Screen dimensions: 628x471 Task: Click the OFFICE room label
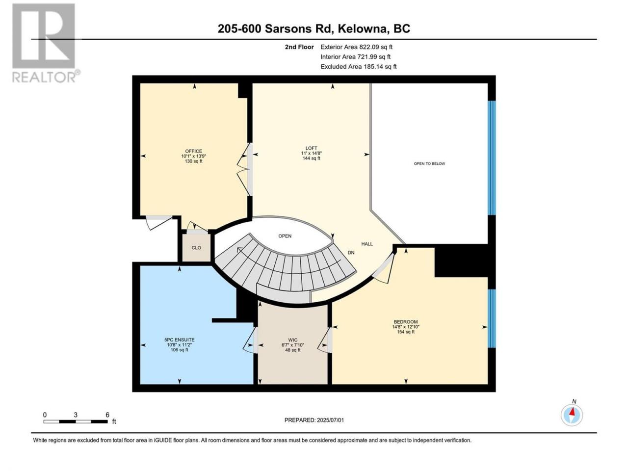pyautogui.click(x=193, y=151)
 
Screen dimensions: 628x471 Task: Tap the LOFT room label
pyautogui.click(x=311, y=148)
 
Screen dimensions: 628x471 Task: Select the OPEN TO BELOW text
pyautogui.click(x=429, y=163)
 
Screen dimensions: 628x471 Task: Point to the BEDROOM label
pyautogui.click(x=405, y=322)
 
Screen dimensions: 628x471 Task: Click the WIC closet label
pyautogui.click(x=292, y=340)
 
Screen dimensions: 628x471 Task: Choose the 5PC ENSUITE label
pyautogui.click(x=179, y=340)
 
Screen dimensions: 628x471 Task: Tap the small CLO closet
pyautogui.click(x=196, y=248)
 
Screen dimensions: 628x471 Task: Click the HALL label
pyautogui.click(x=367, y=244)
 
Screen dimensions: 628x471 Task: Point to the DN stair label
pyautogui.click(x=351, y=253)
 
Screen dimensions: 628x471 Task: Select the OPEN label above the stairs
pyautogui.click(x=285, y=236)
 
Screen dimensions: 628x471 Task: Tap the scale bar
pyautogui.click(x=76, y=421)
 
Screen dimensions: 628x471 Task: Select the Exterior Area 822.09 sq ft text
pyautogui.click(x=357, y=47)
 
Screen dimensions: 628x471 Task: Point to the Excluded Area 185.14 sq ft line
pyautogui.click(x=359, y=67)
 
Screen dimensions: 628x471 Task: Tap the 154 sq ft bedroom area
pyautogui.click(x=405, y=332)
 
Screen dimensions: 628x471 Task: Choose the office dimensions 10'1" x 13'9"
pyautogui.click(x=193, y=156)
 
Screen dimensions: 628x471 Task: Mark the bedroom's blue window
pyautogui.click(x=491, y=318)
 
